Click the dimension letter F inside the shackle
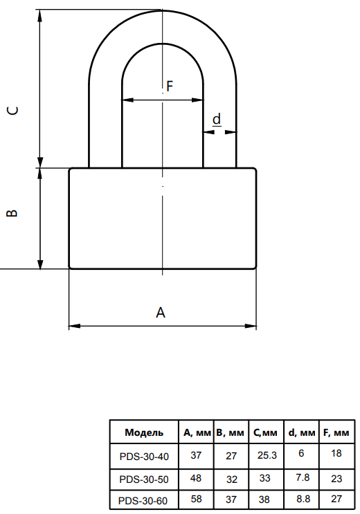coord(170,86)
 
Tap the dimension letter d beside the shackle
coord(217,119)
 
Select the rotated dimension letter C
coord(12,111)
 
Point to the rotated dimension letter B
coord(12,213)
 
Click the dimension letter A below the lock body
coord(161,313)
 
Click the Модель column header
coord(144,432)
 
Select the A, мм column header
coord(197,432)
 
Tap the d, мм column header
coord(302,432)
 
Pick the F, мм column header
coord(336,432)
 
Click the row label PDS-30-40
coord(144,457)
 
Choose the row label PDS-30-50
coord(144,479)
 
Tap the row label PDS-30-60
coord(143,501)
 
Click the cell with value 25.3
coord(267,455)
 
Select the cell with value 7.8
coord(303,477)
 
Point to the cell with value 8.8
coord(303,499)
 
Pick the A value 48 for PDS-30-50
coord(196,478)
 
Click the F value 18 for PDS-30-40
coord(336,453)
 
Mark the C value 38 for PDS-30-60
coord(264,499)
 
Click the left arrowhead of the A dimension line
coord(74,326)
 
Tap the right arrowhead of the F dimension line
coord(197,100)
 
